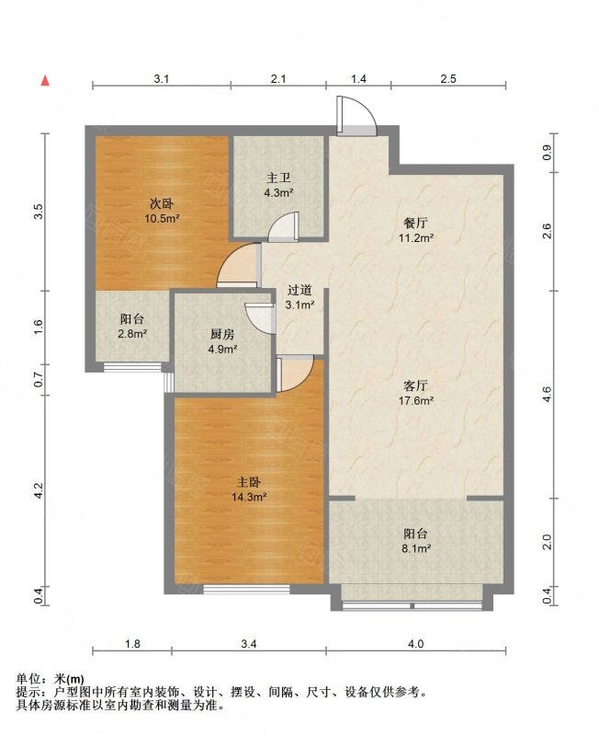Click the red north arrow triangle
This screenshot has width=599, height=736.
45,81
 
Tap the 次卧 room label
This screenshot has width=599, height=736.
162,203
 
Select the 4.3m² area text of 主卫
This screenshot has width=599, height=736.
278,192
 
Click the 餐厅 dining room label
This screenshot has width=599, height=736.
416,223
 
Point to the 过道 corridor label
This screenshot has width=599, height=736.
299,291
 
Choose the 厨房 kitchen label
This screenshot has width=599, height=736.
222,334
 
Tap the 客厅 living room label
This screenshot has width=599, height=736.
416,385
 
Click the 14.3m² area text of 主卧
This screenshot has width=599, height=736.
249,497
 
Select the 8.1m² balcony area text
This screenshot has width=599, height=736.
416,547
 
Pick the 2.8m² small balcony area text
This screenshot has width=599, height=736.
132,334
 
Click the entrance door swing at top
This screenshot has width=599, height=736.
356,116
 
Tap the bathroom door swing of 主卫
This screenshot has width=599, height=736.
283,226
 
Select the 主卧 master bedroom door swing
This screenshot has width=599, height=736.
295,374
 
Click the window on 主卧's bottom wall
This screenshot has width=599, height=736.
246,589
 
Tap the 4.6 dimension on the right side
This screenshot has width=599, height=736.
547,395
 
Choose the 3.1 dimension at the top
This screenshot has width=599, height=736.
161,78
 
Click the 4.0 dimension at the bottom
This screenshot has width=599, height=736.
416,643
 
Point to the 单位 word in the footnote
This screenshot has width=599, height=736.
28,678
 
